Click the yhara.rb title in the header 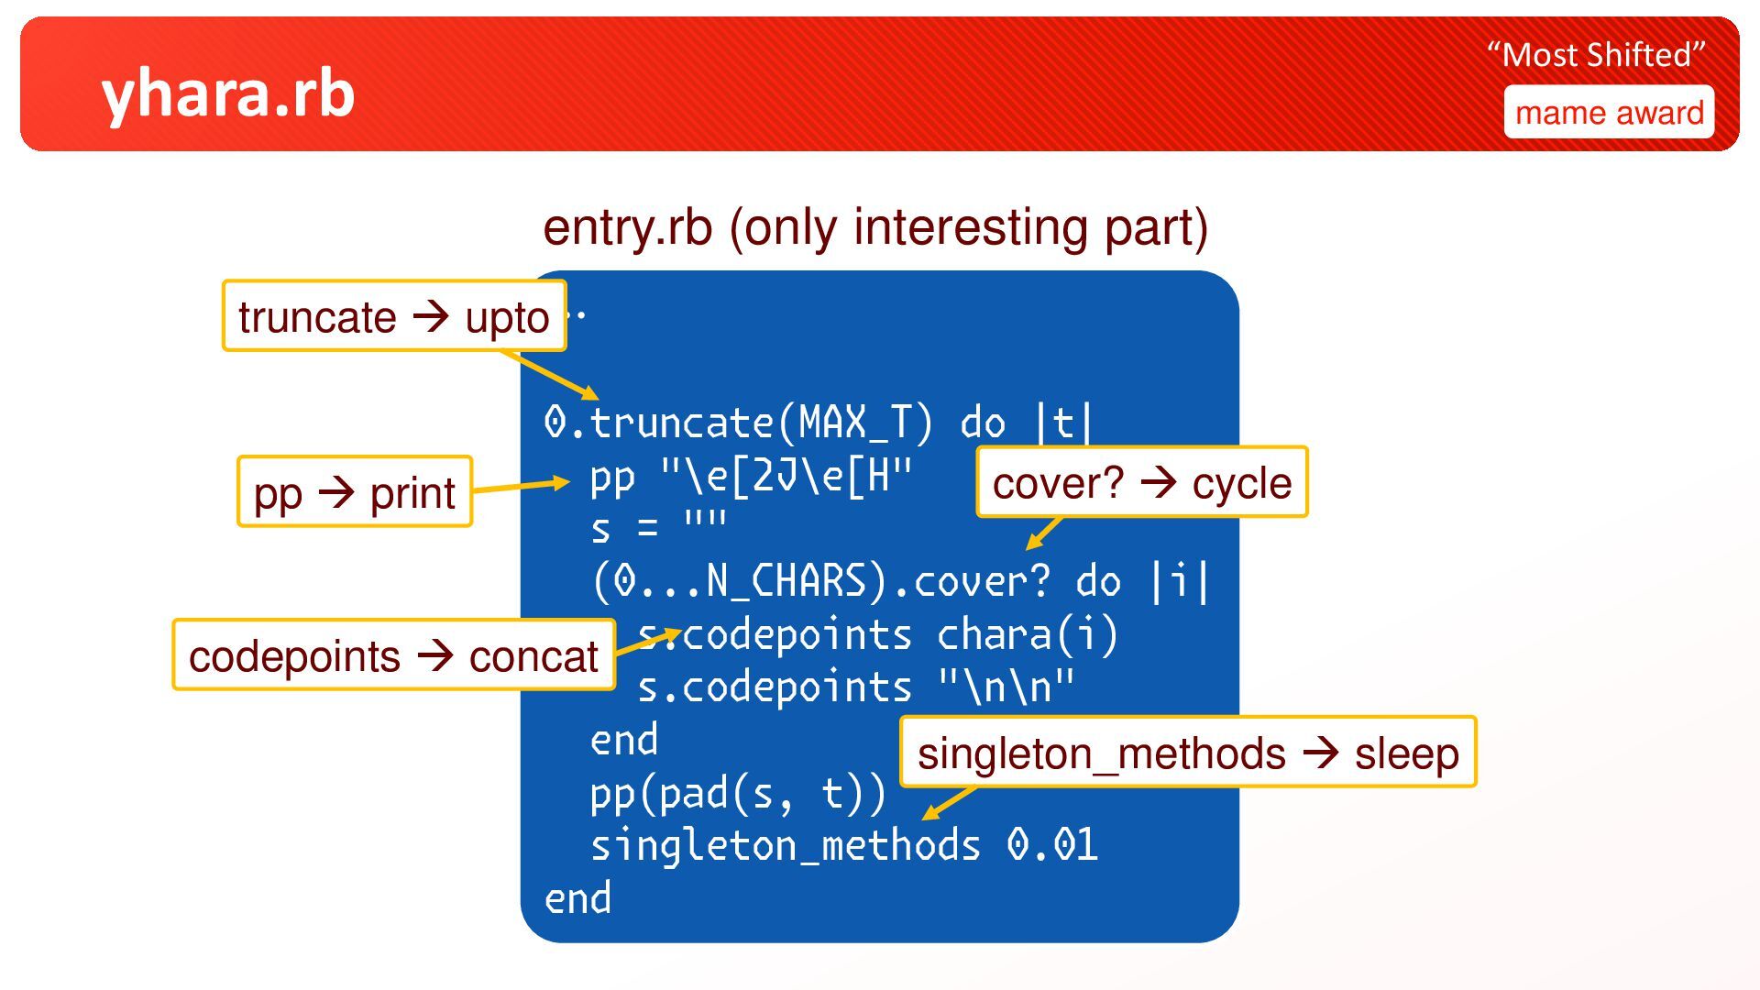coord(227,94)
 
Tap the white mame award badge coord(1609,113)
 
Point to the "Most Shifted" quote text coord(1596,55)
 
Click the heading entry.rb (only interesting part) coord(875,227)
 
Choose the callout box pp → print coord(355,492)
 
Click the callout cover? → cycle coord(1141,483)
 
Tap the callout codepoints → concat coord(393,655)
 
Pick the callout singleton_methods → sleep coord(1188,753)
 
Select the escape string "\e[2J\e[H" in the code coord(786,477)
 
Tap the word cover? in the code coord(982,582)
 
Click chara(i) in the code coord(1027,634)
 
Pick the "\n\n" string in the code coord(1006,687)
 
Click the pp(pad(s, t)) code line coord(738,794)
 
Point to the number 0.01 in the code coord(1051,845)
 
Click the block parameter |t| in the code coord(1063,423)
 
